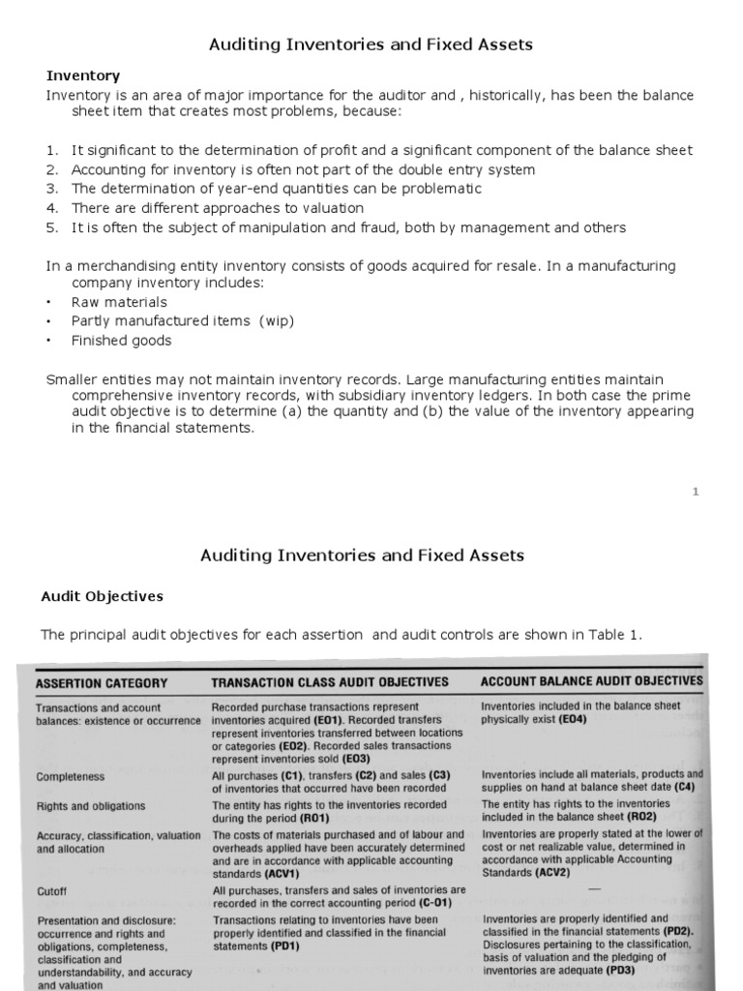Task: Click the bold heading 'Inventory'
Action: click(83, 75)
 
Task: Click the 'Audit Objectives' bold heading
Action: click(102, 596)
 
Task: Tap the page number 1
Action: click(695, 492)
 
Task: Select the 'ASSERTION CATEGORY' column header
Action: click(102, 682)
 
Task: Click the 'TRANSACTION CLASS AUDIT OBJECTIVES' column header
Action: click(330, 681)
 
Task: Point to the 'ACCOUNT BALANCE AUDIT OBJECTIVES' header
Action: click(591, 680)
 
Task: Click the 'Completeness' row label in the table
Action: click(71, 776)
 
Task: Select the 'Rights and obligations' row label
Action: click(91, 805)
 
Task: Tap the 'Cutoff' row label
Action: click(52, 890)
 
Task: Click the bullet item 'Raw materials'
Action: click(119, 302)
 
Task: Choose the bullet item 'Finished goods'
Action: click(121, 341)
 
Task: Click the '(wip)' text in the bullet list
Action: click(276, 321)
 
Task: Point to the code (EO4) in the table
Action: click(571, 720)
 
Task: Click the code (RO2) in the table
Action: click(639, 817)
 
